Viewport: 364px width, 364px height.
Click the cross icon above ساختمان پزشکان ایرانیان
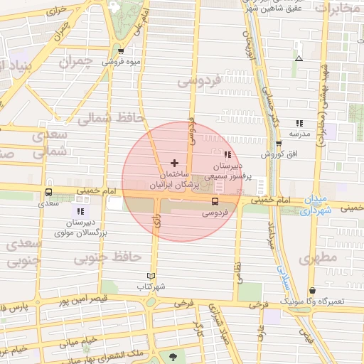click(x=175, y=163)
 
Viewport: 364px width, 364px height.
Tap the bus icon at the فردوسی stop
click(x=215, y=201)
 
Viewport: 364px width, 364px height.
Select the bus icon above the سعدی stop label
click(x=48, y=192)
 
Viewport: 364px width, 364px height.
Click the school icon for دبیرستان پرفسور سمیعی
click(x=227, y=154)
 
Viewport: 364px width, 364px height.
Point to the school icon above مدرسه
click(x=299, y=123)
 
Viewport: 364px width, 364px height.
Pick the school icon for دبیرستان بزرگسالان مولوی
click(x=80, y=211)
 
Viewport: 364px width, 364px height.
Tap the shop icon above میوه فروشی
click(x=121, y=51)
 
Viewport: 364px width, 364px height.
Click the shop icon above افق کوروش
click(x=279, y=143)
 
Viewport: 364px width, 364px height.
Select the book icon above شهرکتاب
click(x=150, y=276)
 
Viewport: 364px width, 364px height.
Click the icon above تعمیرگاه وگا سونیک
click(x=314, y=290)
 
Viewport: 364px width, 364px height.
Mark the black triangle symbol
click(x=299, y=58)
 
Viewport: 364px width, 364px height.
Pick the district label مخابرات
click(x=337, y=9)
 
